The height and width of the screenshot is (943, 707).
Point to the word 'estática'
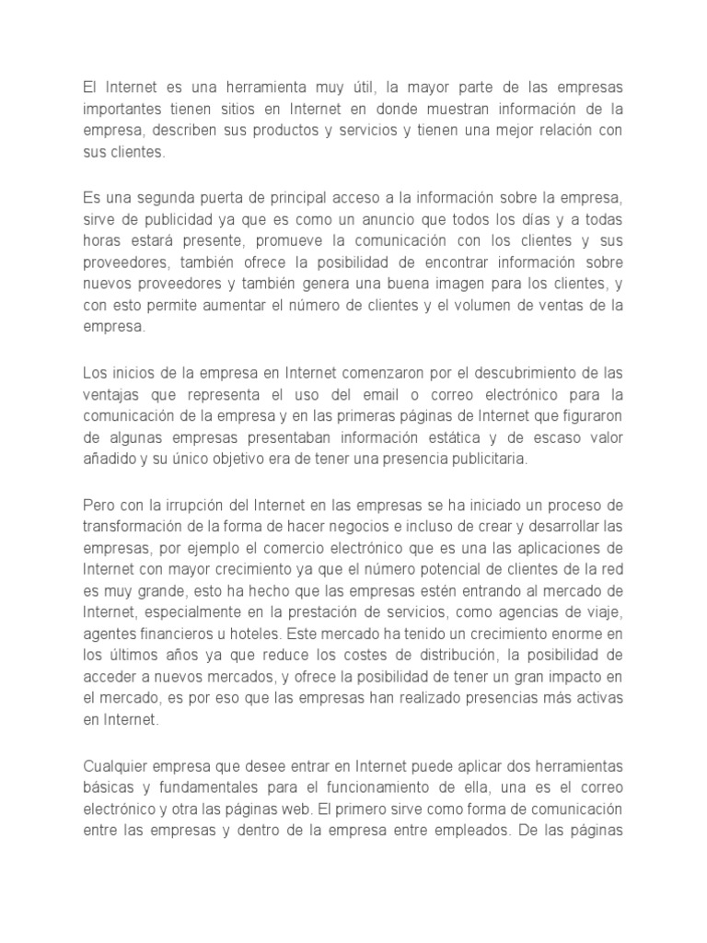click(x=451, y=436)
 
